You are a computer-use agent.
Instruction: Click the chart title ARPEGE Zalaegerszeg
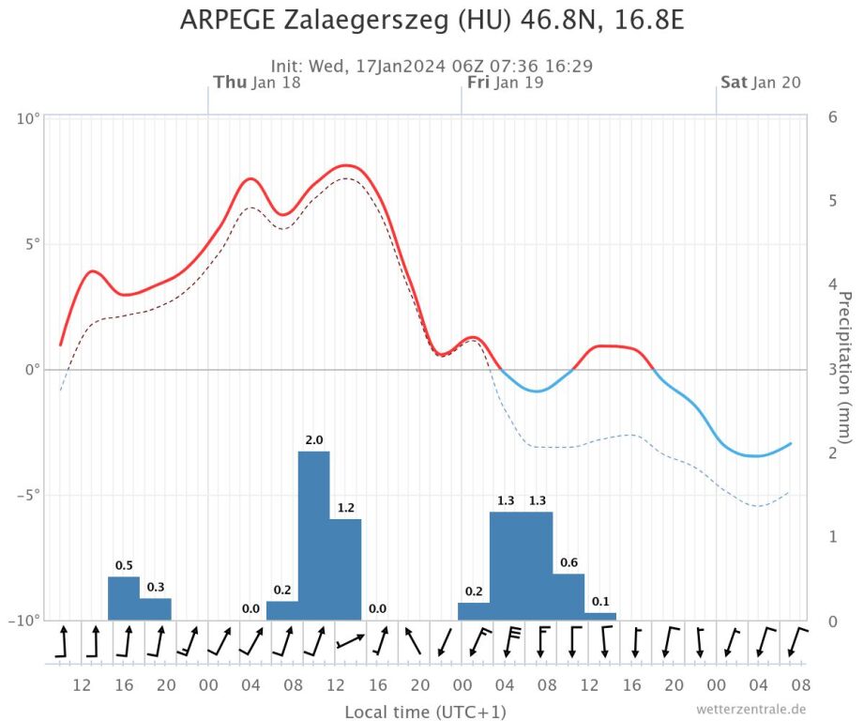point(432,21)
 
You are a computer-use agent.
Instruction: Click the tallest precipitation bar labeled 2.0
point(314,535)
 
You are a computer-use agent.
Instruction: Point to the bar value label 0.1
point(600,601)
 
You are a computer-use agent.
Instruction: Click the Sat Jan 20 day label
point(761,83)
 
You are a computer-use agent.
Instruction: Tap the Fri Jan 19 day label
point(505,83)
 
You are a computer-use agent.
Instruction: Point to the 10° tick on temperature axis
point(28,118)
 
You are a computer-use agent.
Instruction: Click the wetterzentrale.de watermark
point(751,710)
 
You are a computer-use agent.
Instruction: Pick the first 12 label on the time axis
point(82,684)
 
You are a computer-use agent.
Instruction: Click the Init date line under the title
point(432,67)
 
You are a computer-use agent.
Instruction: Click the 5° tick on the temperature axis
point(31,244)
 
